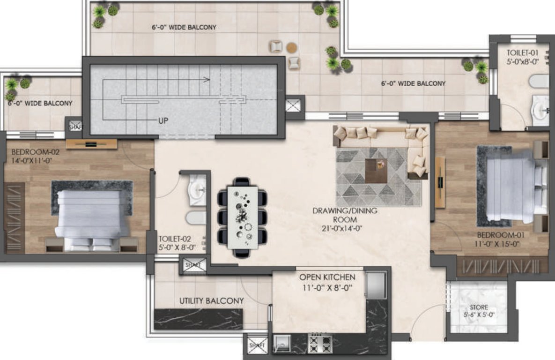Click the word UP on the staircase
(x=163, y=120)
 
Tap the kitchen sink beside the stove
(x=282, y=343)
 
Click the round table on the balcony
(x=291, y=47)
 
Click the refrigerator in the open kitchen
(x=377, y=285)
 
